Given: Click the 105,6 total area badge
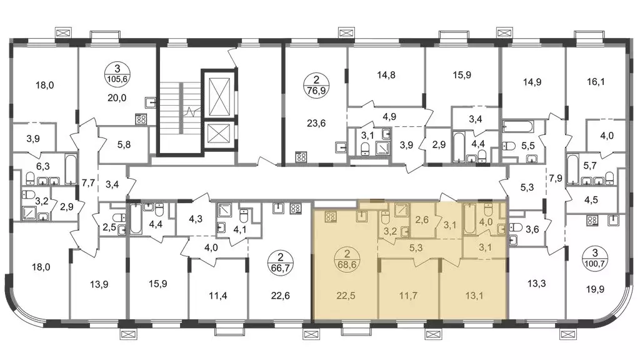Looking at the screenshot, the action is (117, 74).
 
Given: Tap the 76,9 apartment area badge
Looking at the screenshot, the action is (316, 85).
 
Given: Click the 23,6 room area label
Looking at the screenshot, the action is (316, 123).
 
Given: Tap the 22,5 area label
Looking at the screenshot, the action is (346, 295).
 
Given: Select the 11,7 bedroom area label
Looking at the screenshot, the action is (407, 295).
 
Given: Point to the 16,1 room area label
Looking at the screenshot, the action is (596, 82).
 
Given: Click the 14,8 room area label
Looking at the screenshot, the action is (386, 75).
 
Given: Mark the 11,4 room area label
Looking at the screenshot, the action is (218, 295).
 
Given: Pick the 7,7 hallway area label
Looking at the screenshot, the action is (88, 183).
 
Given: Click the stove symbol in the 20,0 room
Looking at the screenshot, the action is (141, 119).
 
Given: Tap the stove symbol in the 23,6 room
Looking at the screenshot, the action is (301, 157).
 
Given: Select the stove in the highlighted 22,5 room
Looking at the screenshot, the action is (330, 217).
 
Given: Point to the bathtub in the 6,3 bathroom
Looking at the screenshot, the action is (71, 169).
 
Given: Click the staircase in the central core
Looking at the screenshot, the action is (179, 111).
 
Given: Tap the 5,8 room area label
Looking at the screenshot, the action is (124, 144).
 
